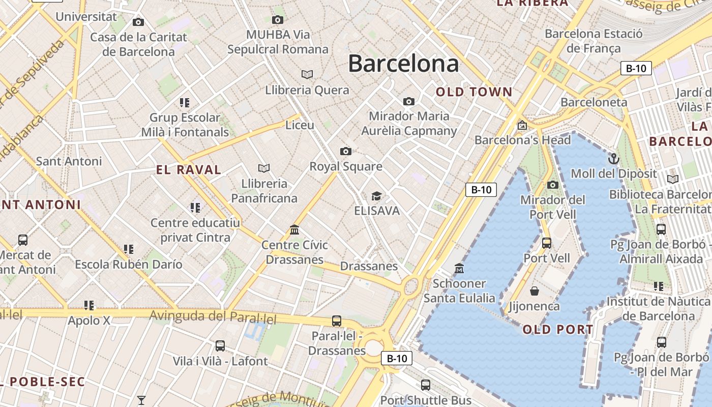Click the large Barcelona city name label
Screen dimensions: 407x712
403,64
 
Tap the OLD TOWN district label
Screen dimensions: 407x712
474,92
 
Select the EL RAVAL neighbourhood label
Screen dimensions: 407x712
189,170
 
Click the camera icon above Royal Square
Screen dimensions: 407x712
346,151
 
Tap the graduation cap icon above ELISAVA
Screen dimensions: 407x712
376,196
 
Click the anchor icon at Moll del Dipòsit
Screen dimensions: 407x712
614,159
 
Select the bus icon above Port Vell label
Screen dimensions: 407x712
547,243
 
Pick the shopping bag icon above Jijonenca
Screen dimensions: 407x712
535,291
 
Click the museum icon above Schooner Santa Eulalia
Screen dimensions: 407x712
459,268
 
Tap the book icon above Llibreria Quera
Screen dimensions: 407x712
307,74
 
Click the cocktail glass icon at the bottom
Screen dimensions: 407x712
141,400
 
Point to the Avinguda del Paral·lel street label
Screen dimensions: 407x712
213,316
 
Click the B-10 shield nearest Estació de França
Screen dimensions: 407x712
636,68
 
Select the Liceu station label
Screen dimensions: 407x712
300,125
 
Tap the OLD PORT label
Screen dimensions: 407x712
557,330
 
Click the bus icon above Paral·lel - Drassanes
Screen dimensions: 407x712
336,321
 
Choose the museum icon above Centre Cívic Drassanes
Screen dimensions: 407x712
294,230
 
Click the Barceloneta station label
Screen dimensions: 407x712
594,102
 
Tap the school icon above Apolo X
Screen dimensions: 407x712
90,305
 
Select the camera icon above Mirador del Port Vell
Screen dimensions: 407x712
553,185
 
